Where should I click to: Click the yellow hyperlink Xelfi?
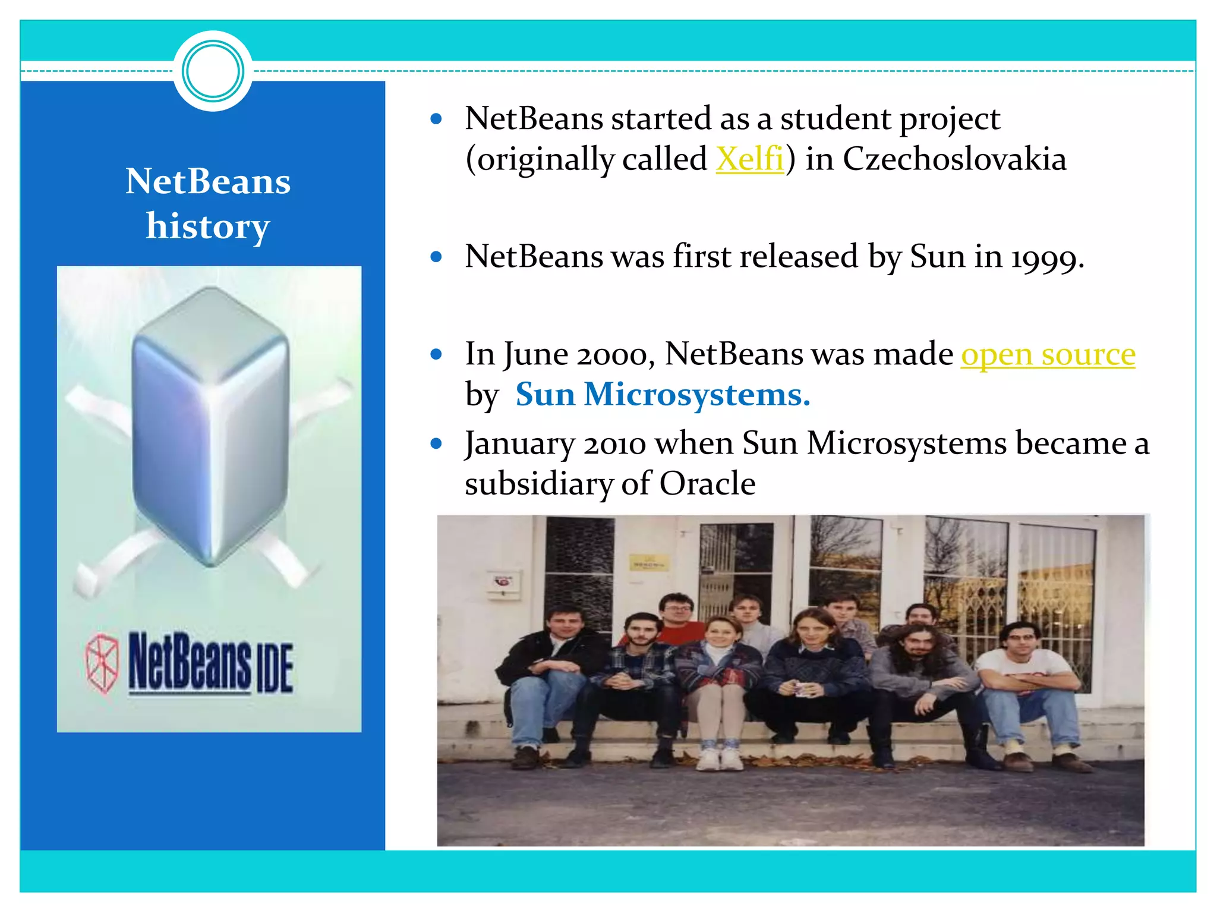click(x=750, y=159)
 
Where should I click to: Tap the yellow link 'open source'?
click(x=1048, y=354)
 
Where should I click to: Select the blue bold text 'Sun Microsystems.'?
click(x=663, y=394)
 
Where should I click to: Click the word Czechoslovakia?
click(x=954, y=159)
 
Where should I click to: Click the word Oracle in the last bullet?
click(x=707, y=483)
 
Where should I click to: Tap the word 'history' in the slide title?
click(x=208, y=226)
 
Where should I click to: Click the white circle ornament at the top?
click(x=213, y=71)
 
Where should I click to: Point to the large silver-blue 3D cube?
click(x=210, y=425)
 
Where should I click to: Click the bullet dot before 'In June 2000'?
click(x=437, y=355)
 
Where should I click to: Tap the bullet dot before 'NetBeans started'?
click(x=437, y=119)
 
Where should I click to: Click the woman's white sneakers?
click(x=718, y=758)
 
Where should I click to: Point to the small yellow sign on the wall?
click(x=649, y=562)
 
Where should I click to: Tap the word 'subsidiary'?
click(x=538, y=483)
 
